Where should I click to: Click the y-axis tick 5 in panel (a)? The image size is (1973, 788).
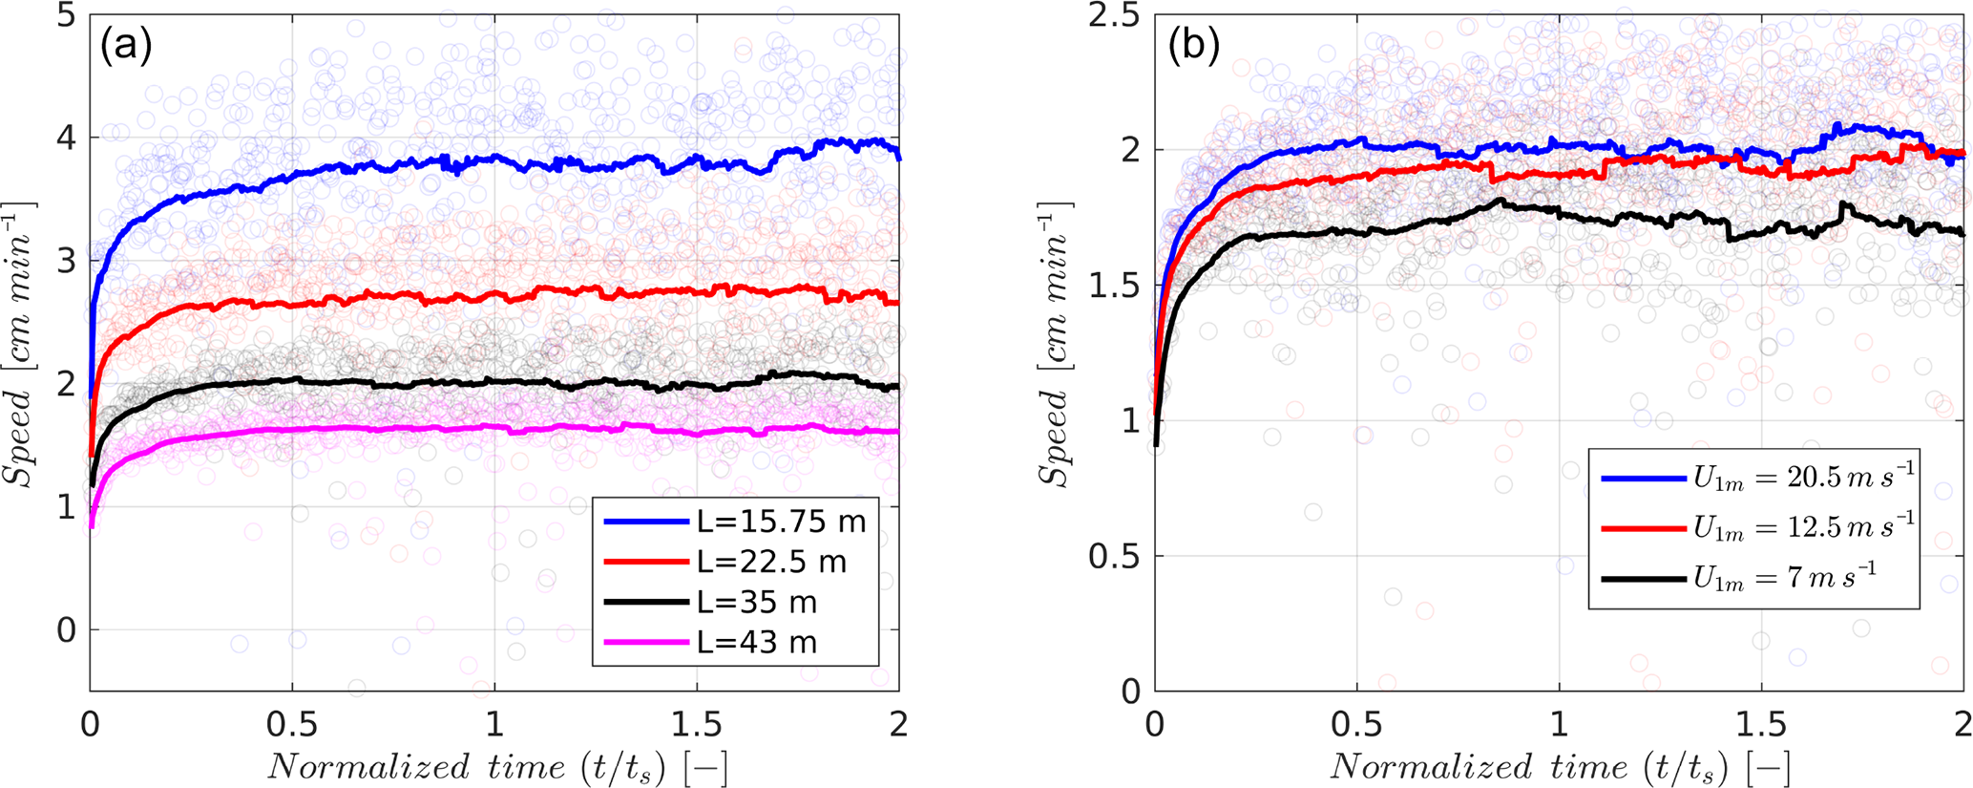point(66,16)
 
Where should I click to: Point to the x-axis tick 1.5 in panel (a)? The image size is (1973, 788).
point(697,724)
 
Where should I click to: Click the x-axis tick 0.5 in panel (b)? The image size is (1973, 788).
point(1356,724)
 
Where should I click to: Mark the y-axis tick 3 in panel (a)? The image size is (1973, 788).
point(66,262)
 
